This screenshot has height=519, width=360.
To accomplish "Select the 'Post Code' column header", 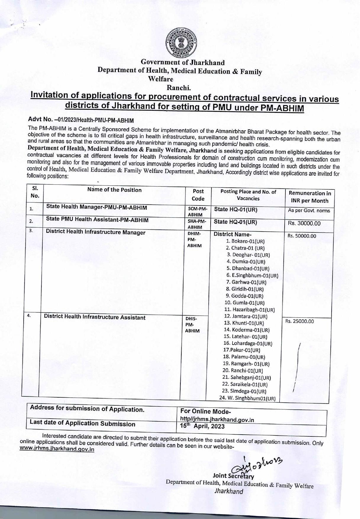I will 198,195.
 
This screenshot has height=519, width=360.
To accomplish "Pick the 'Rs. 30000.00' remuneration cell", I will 304,224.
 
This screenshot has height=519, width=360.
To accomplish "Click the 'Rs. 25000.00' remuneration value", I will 299,321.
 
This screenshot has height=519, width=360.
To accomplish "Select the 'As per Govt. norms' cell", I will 309,211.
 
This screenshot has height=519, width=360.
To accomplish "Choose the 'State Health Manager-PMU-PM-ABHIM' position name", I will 96,207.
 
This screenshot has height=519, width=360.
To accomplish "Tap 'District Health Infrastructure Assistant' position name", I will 95,317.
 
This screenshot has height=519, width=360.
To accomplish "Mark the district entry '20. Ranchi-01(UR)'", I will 243,371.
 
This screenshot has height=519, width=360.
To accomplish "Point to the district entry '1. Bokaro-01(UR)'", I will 245,241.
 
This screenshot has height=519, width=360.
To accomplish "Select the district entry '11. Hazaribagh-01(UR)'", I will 250,310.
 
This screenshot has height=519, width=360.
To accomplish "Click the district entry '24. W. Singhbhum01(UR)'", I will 247,399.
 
